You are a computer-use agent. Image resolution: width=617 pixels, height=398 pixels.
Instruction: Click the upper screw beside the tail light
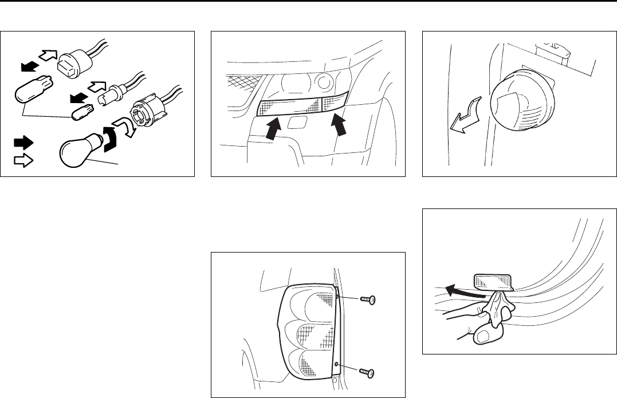[367, 300]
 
